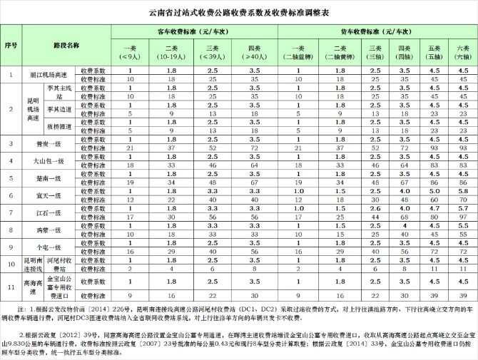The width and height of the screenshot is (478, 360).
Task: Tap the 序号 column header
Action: (x=11, y=44)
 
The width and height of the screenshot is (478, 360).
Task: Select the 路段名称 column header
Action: (x=65, y=44)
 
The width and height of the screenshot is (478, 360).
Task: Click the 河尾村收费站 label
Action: (x=59, y=264)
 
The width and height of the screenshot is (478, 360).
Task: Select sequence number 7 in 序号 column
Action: (x=11, y=212)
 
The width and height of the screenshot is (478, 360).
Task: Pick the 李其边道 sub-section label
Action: (x=59, y=108)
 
